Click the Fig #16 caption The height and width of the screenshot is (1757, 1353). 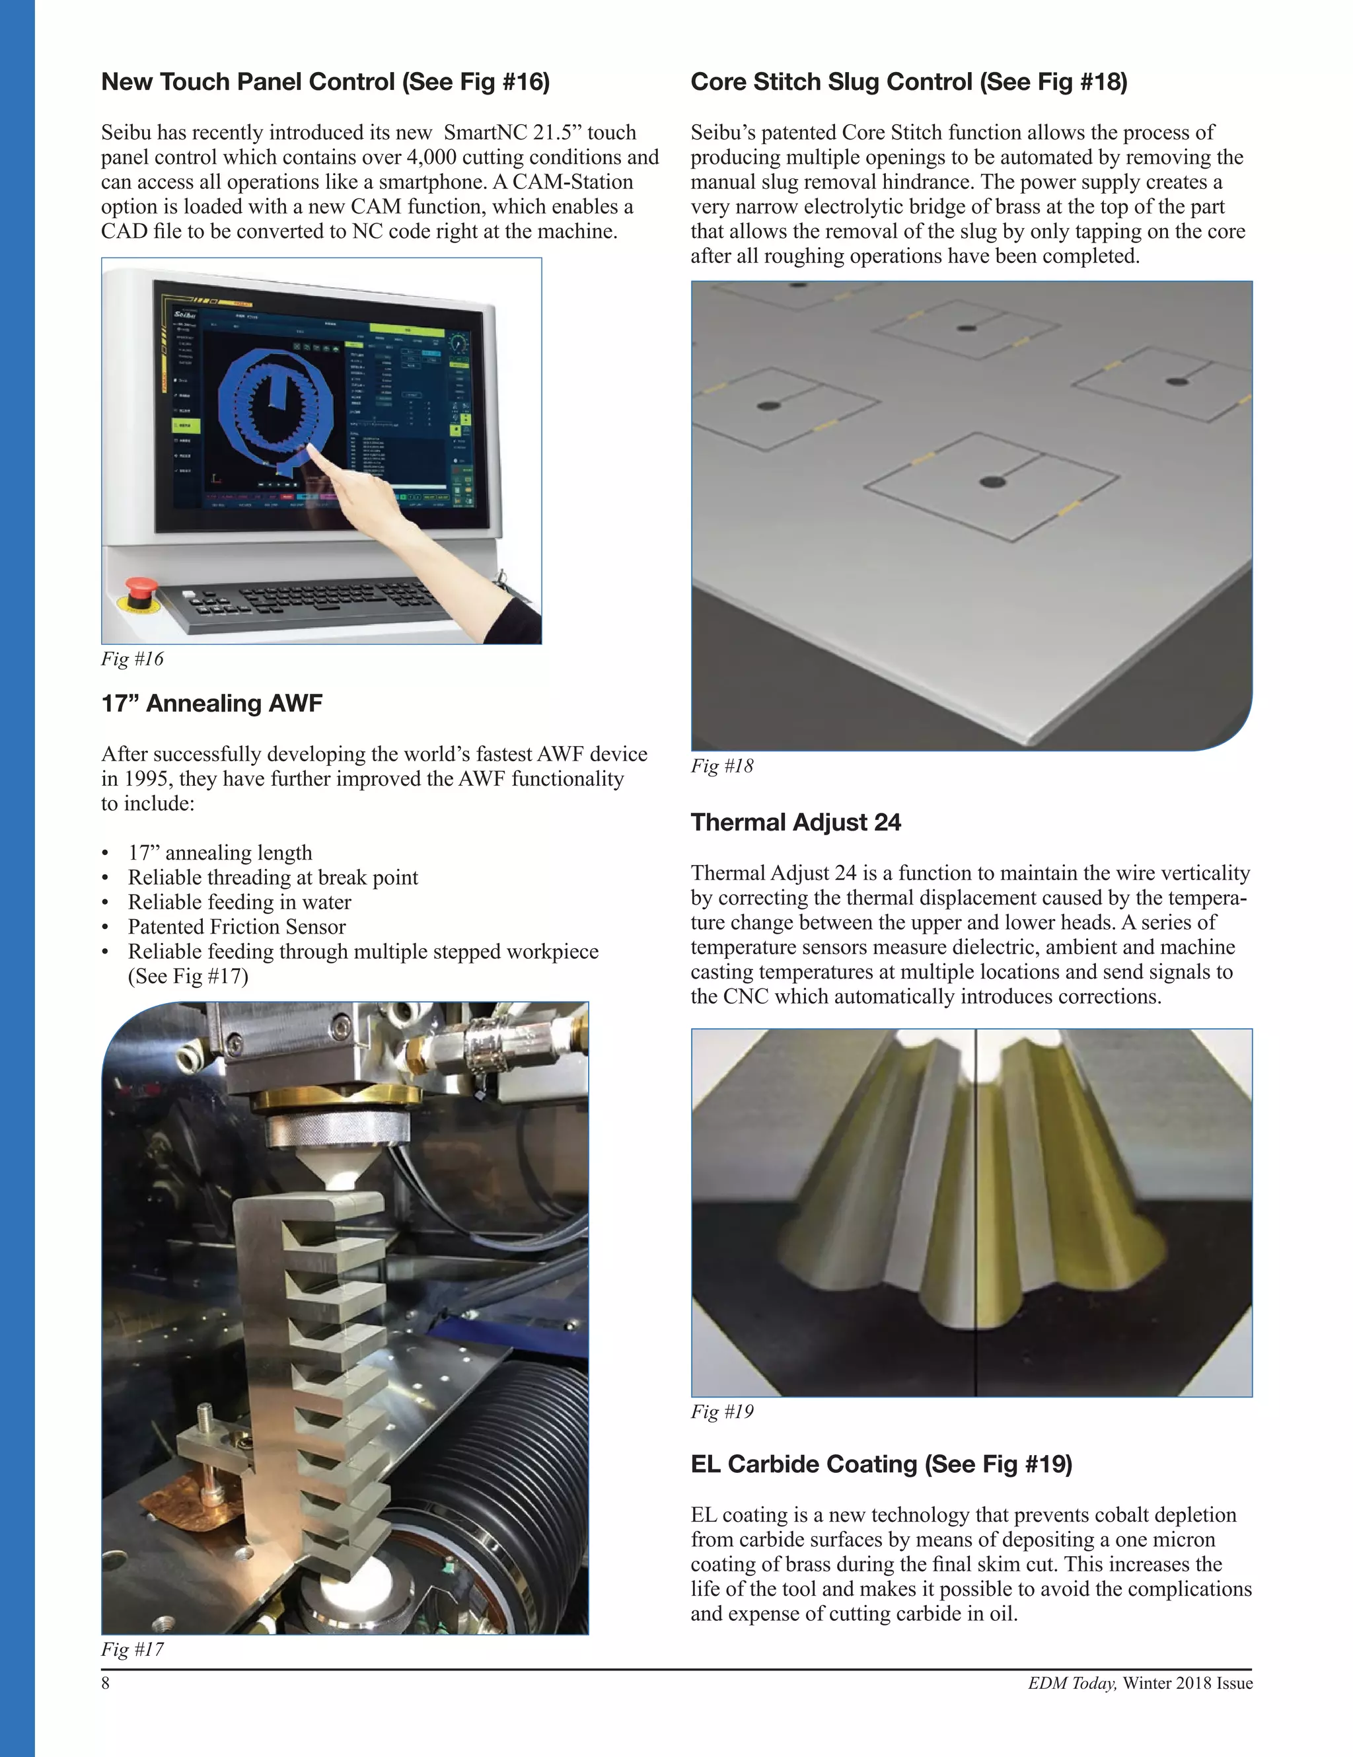click(132, 659)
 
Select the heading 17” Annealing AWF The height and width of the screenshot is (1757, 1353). click(211, 703)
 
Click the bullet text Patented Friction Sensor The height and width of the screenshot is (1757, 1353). click(237, 927)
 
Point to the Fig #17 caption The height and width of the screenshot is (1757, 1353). click(132, 1649)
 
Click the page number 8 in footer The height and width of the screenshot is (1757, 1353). click(106, 1683)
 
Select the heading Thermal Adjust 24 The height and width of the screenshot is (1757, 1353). click(795, 822)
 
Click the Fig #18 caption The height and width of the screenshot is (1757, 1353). click(721, 766)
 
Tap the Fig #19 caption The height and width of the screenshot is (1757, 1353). click(721, 1411)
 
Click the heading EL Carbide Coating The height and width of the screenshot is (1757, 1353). click(881, 1464)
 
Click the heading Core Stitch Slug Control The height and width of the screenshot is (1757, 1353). click(908, 82)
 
